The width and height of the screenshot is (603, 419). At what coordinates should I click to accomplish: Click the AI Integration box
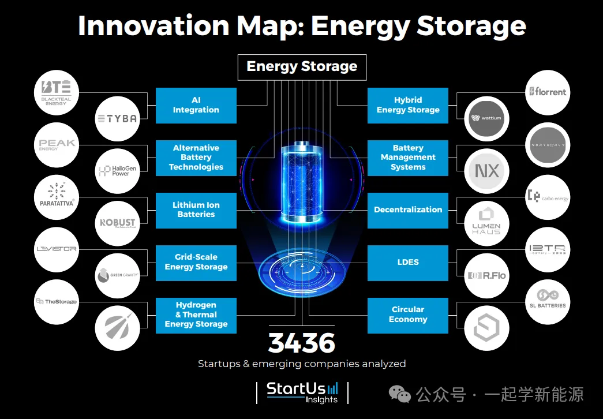(x=196, y=105)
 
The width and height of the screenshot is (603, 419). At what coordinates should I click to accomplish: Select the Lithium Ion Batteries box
(x=196, y=210)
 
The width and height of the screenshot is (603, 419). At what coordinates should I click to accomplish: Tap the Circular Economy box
(x=407, y=315)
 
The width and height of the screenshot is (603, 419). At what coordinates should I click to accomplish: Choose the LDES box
(x=407, y=263)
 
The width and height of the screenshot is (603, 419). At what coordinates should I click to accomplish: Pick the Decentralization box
(x=407, y=210)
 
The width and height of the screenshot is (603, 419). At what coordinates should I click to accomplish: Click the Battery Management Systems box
(x=407, y=158)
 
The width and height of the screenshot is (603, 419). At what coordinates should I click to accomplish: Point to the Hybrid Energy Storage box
(x=407, y=105)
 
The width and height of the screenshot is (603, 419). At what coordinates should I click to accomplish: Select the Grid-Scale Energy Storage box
(x=196, y=263)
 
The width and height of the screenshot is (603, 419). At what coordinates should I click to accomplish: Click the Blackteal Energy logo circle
(x=56, y=92)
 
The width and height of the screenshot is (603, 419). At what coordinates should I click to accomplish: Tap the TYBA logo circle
(x=117, y=118)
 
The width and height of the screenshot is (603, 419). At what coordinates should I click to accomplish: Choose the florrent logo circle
(x=547, y=92)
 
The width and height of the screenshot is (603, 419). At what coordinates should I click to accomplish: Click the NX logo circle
(x=486, y=171)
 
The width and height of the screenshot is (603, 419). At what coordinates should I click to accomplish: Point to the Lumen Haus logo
(x=486, y=223)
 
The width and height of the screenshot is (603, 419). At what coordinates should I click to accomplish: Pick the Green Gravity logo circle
(x=117, y=275)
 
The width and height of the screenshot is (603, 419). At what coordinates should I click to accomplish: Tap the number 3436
(x=301, y=343)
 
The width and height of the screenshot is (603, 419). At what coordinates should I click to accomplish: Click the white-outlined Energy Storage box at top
(x=302, y=67)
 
